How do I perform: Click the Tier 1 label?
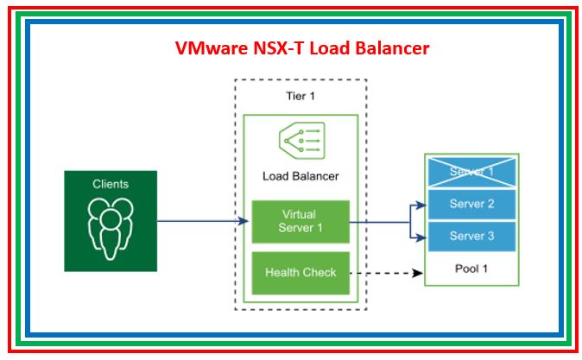(x=300, y=96)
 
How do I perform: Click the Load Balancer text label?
(x=300, y=176)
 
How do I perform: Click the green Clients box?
(x=111, y=221)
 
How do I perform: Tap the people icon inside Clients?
(x=111, y=228)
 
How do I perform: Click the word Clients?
(x=111, y=184)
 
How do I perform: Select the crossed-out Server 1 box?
(x=471, y=172)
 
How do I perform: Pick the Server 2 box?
(x=471, y=204)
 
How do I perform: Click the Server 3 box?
(x=471, y=236)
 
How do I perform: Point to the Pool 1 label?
(x=471, y=268)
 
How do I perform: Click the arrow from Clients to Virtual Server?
(x=199, y=222)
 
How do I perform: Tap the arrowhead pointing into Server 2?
(x=420, y=205)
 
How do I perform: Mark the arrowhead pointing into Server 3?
(x=420, y=235)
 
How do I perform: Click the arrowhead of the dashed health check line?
(x=419, y=273)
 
